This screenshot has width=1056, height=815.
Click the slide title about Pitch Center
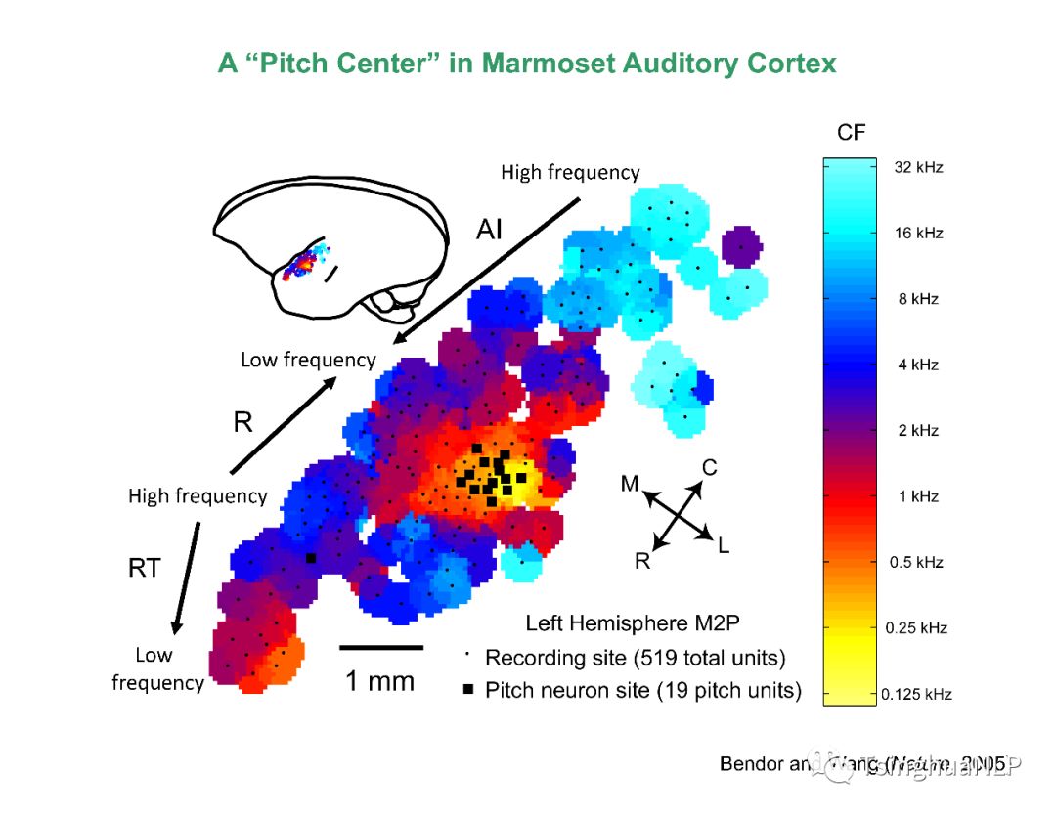pos(527,64)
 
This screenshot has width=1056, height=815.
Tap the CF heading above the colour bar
pos(852,132)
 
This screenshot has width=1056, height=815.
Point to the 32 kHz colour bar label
pos(918,167)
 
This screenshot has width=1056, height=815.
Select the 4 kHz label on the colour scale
pos(918,365)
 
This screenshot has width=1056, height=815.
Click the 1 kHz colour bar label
pos(918,496)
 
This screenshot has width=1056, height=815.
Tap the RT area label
pos(144,568)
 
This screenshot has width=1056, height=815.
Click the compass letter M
pos(631,484)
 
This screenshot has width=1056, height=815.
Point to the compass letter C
pos(709,468)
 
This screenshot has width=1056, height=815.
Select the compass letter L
pos(723,546)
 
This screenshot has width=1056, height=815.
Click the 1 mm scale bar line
pos(381,647)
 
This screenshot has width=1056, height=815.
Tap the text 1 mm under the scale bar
pos(379,681)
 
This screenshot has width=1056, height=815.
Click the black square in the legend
pos(469,691)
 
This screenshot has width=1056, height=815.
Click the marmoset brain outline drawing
pos(332,249)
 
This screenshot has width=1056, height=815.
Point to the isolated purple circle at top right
pos(741,247)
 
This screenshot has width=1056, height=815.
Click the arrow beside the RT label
pos(187,576)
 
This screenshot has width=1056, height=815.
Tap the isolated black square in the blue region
pos(311,558)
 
